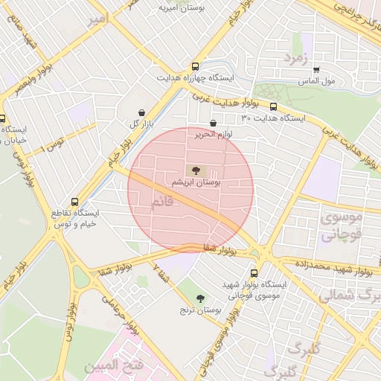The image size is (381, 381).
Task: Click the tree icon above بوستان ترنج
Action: click(199, 298)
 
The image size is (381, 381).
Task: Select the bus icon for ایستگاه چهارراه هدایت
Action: click(196, 65)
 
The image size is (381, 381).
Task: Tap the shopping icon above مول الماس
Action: click(316, 69)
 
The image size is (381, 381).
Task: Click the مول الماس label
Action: click(317, 80)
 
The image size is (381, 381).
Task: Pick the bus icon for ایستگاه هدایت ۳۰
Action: click(273, 106)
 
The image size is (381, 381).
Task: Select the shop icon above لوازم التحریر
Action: click(214, 124)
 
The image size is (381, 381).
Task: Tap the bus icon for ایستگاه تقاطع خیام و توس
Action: click(74, 201)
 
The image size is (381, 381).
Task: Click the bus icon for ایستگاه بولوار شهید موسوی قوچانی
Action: click(254, 273)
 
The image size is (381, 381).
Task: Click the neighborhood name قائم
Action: click(162, 202)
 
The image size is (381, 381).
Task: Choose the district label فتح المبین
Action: click(109, 365)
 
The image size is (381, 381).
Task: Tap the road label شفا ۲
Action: click(161, 273)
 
